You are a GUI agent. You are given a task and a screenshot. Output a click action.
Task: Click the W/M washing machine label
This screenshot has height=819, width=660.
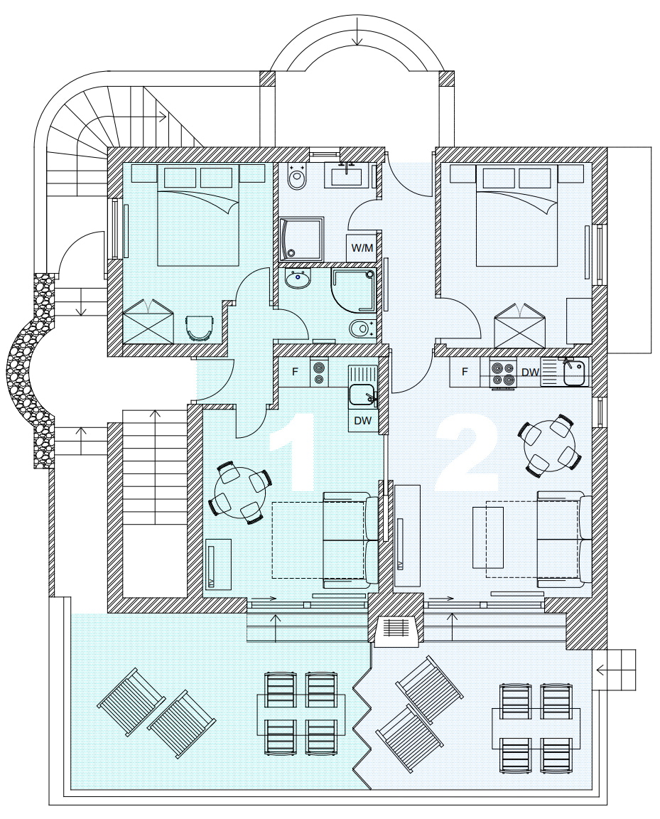pyautogui.click(x=362, y=247)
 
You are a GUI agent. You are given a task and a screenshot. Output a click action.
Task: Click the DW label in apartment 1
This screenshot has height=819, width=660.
pyautogui.click(x=362, y=420)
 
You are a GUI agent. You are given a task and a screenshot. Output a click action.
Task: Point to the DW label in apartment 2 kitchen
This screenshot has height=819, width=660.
pyautogui.click(x=530, y=373)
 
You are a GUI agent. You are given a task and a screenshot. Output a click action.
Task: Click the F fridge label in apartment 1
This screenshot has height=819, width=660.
pyautogui.click(x=295, y=372)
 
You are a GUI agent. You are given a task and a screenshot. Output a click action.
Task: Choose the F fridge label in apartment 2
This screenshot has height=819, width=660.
pyautogui.click(x=465, y=372)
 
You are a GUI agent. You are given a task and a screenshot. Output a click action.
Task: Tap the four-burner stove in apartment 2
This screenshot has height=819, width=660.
pyautogui.click(x=503, y=373)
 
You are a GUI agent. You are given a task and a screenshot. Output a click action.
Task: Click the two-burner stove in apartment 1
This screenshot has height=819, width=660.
pyautogui.click(x=318, y=373)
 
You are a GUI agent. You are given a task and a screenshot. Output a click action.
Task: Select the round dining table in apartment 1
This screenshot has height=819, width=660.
pyautogui.click(x=241, y=492)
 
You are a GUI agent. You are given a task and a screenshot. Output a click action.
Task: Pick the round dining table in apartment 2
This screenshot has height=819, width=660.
pyautogui.click(x=549, y=444)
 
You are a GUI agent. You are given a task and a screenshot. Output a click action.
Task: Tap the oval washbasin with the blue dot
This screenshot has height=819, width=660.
pyautogui.click(x=298, y=280)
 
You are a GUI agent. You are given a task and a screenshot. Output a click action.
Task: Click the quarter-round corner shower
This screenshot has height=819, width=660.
pyautogui.click(x=353, y=290)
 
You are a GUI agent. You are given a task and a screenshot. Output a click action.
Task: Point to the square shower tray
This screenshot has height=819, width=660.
pyautogui.click(x=301, y=239)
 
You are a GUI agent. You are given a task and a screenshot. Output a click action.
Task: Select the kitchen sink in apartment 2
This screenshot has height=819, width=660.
pyautogui.click(x=573, y=372)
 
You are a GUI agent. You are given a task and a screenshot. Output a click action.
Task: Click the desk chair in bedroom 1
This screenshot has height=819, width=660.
pyautogui.click(x=200, y=328)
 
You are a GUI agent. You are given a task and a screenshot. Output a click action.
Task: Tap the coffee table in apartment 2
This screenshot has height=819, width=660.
pyautogui.click(x=487, y=537)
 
